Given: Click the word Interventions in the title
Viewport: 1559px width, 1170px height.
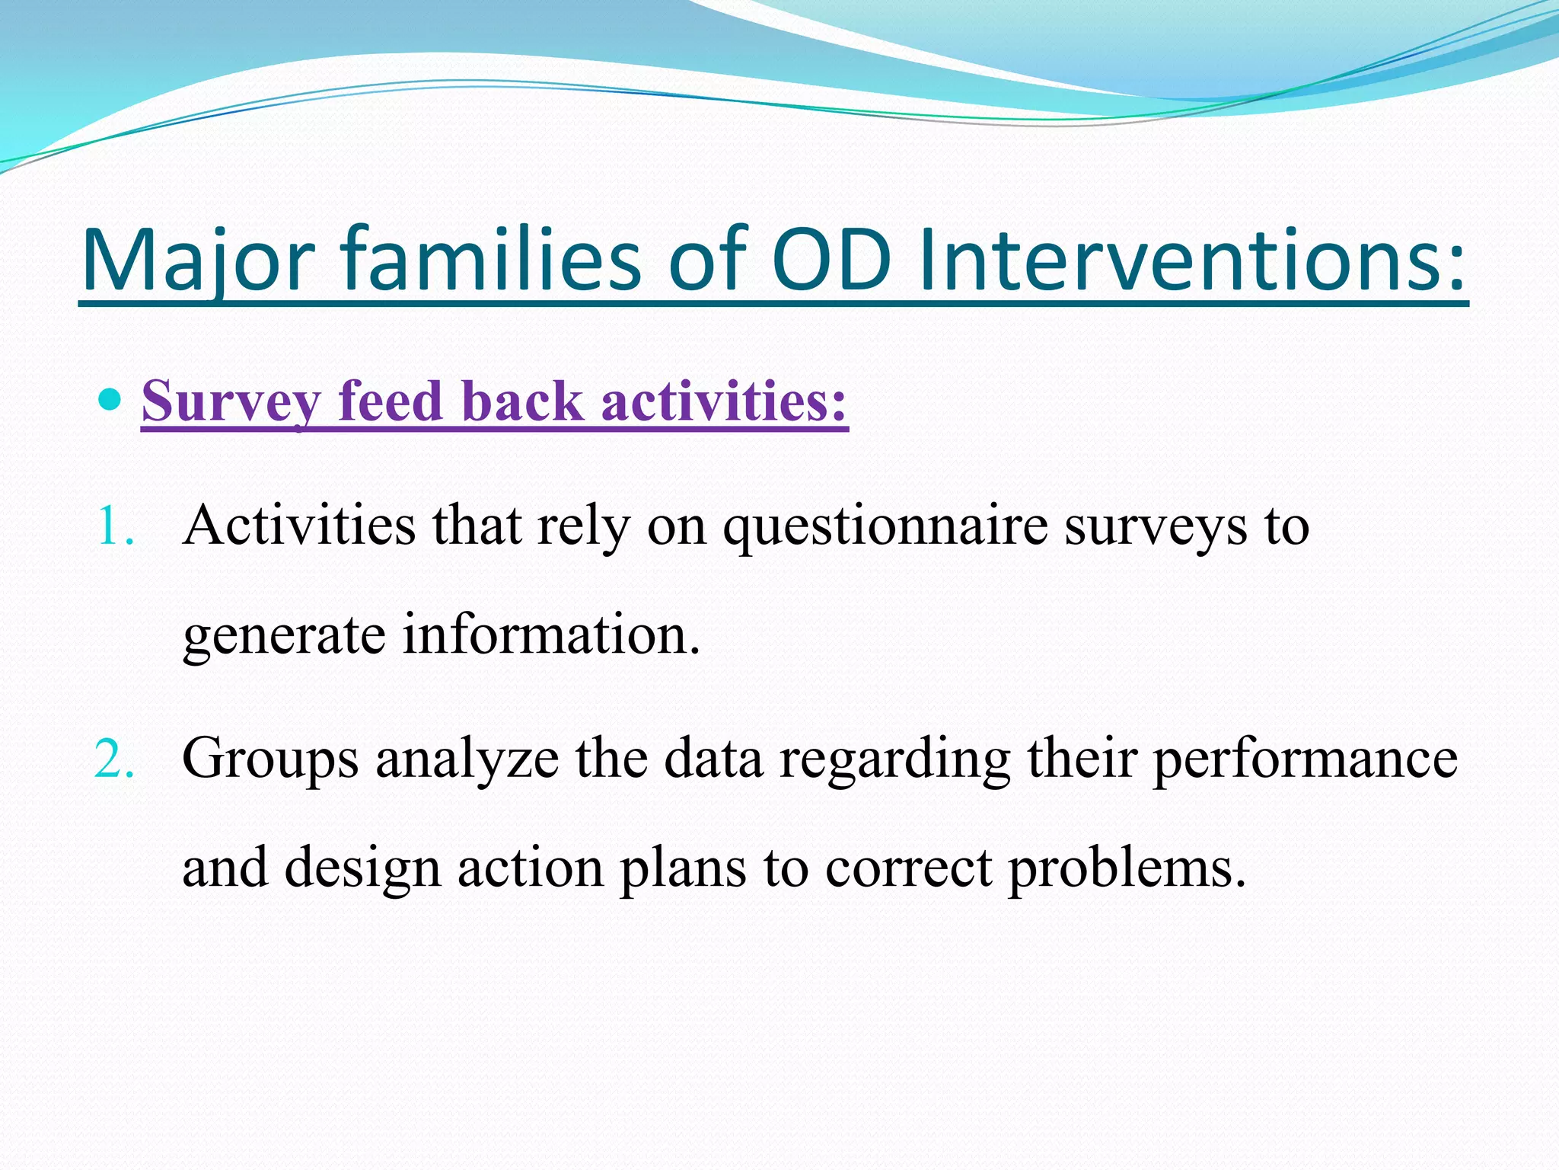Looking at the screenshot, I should coord(1191,261).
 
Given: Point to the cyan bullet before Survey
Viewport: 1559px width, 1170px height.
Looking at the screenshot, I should coord(111,398).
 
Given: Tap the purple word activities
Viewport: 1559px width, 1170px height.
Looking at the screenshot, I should coord(723,401).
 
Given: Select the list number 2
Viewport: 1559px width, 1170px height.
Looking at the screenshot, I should coord(114,759).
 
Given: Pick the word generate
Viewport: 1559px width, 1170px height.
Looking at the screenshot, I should coord(283,635).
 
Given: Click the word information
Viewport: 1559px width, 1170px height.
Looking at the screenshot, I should coord(550,634).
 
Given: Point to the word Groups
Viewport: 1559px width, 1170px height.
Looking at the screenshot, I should coord(270,760).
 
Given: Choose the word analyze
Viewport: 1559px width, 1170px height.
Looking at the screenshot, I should coord(467,760).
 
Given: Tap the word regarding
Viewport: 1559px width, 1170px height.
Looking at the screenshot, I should coord(894,760).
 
